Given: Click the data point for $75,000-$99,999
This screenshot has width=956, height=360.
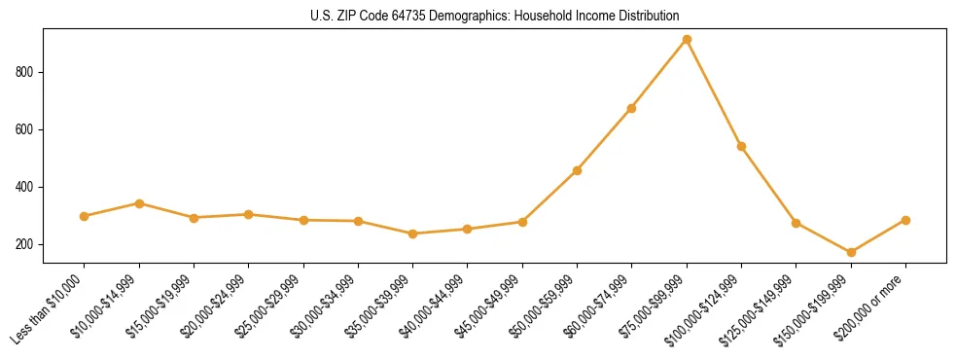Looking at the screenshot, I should (687, 40).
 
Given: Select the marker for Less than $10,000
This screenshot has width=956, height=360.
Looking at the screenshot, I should (85, 216).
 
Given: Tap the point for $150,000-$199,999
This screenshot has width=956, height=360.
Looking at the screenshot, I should (851, 252).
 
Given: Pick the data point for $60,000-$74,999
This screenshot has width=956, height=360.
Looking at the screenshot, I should (632, 108).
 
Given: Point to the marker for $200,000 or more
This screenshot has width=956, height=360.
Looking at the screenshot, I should (905, 220).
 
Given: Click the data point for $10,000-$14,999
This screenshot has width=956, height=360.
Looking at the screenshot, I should (139, 203).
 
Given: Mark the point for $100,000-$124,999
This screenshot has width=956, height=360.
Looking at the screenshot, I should (741, 146).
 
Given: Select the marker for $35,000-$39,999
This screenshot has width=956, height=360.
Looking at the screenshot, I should (413, 234).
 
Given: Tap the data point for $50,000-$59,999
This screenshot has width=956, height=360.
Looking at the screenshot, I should (578, 170).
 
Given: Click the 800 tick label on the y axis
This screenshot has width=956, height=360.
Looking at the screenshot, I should (26, 72).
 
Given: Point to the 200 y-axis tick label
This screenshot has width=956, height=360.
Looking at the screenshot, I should (26, 244).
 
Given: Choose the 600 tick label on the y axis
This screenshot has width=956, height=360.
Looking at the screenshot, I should (26, 129).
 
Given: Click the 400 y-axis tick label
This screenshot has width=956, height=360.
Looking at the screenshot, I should (26, 187).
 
